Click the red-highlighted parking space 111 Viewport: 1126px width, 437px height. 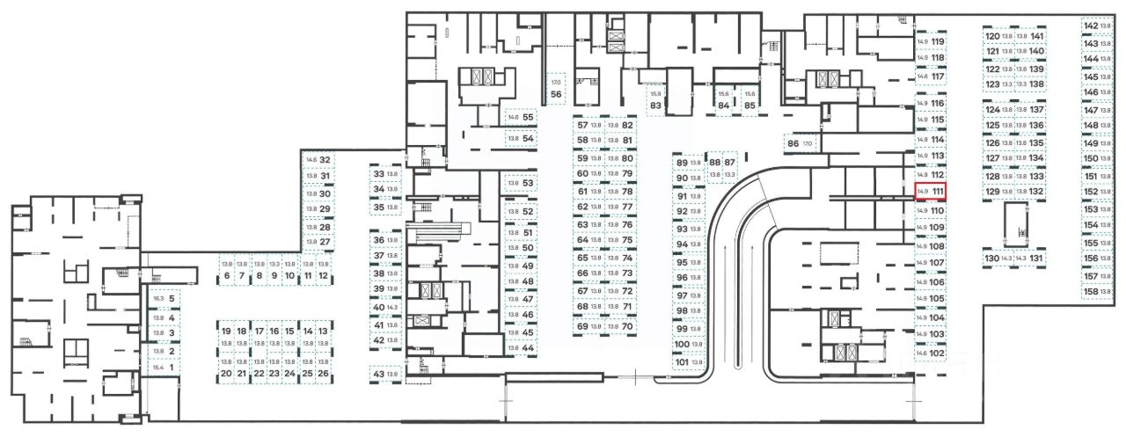pyautogui.click(x=931, y=191)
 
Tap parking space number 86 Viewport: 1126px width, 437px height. pyautogui.click(x=800, y=143)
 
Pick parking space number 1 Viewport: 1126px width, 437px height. pyautogui.click(x=164, y=368)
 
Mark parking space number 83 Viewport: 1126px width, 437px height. pyautogui.click(x=655, y=98)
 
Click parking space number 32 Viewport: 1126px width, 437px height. pyautogui.click(x=318, y=160)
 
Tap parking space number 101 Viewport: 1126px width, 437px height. pyautogui.click(x=689, y=362)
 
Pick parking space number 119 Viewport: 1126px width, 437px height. pyautogui.click(x=931, y=42)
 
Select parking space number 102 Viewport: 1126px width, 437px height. pyautogui.click(x=931, y=353)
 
